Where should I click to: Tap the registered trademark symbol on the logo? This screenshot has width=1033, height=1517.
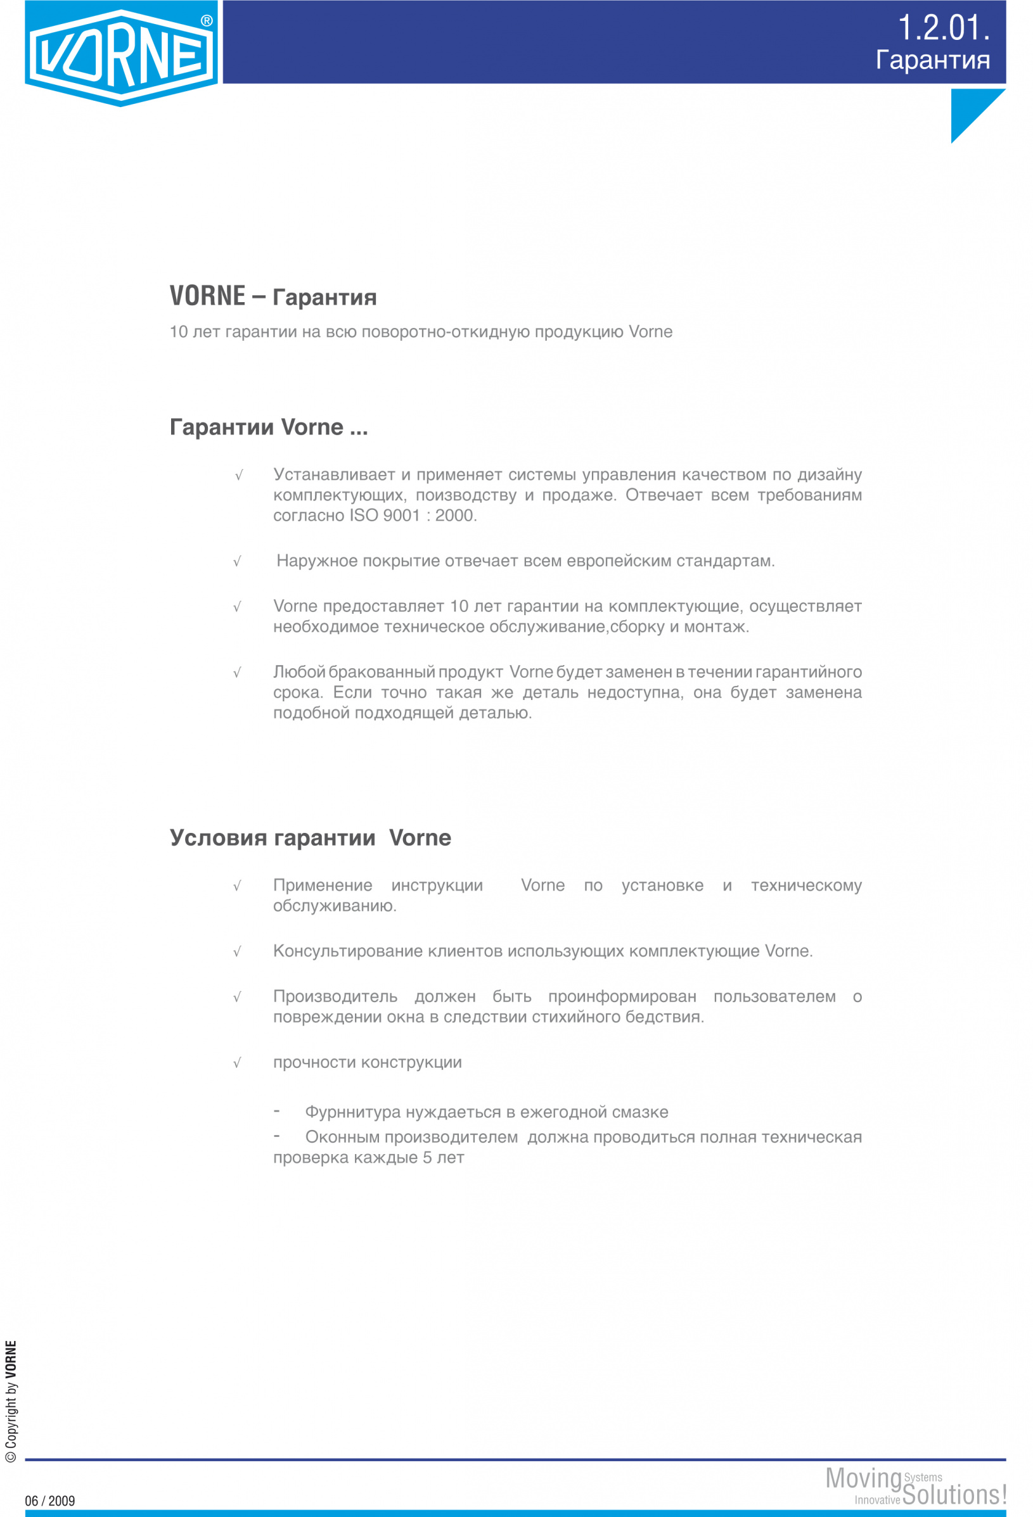[207, 21]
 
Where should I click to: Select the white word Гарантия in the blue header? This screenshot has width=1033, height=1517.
[932, 60]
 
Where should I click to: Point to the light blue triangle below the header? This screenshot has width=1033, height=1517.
[969, 108]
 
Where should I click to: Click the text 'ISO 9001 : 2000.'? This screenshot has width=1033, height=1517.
[413, 516]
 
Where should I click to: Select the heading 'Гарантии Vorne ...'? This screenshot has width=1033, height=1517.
[268, 427]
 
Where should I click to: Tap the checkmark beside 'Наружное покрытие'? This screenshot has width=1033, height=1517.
[237, 561]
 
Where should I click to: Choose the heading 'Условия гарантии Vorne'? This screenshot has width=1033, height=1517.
[310, 837]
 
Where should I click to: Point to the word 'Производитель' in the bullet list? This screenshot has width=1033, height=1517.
[335, 997]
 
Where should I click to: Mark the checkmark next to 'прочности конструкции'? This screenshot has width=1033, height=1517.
[237, 1063]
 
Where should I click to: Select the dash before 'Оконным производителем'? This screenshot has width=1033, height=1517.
[277, 1136]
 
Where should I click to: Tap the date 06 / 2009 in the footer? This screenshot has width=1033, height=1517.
[49, 1501]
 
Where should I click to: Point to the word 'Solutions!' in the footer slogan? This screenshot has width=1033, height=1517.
[954, 1495]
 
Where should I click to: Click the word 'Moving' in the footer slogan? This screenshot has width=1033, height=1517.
[863, 1478]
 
